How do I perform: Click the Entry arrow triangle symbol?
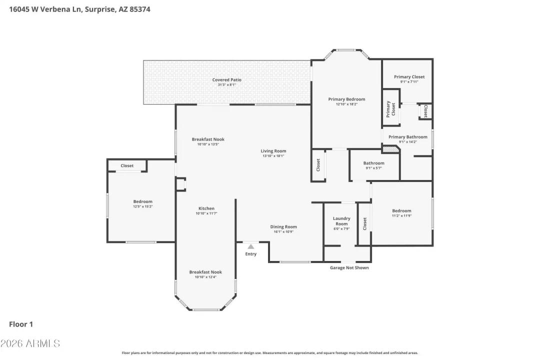[251, 246]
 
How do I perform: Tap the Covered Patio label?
[227, 80]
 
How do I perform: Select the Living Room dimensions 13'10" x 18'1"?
[273, 156]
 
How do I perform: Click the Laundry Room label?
[341, 221]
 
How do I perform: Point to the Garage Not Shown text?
[349, 267]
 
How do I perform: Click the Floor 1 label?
[21, 324]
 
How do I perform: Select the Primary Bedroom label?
[346, 99]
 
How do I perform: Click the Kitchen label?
[206, 208]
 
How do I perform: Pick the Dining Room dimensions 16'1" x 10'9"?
[283, 231]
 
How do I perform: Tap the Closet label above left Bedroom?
[127, 165]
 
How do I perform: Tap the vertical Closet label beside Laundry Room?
[365, 223]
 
